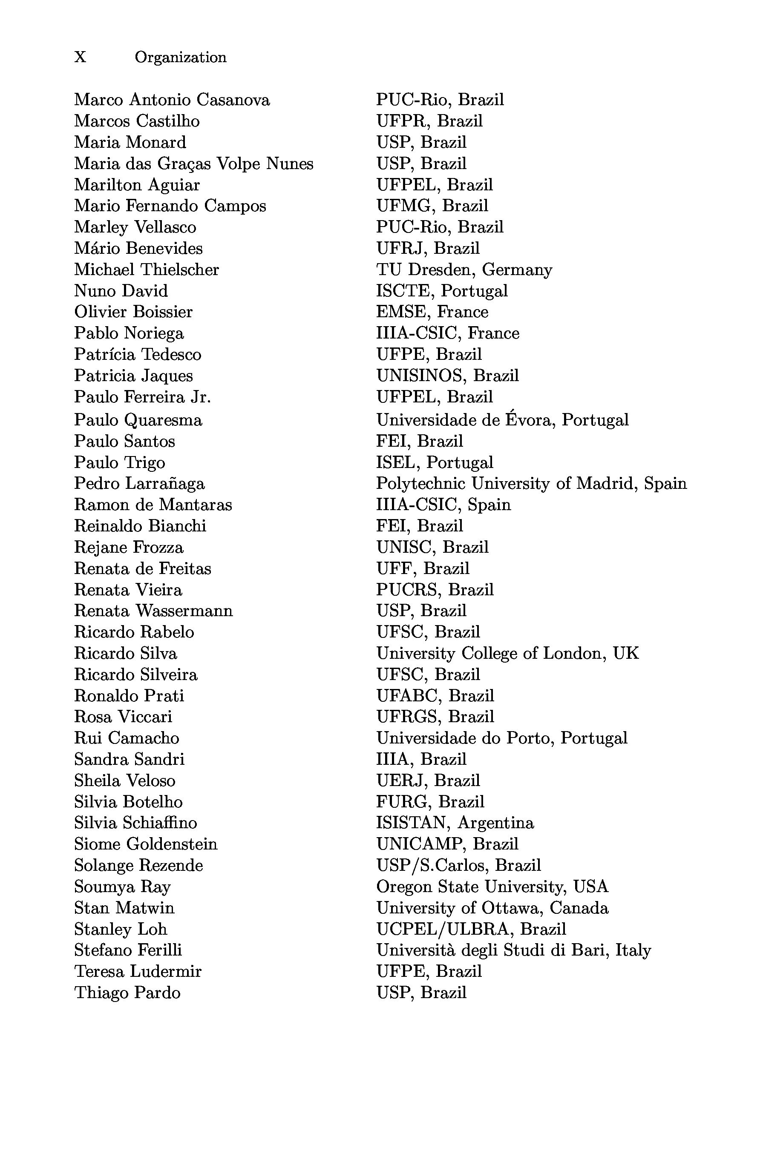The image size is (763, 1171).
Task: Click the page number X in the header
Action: [80, 57]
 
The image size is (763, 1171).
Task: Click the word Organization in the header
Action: [181, 57]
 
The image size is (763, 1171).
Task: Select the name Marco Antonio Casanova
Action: [172, 100]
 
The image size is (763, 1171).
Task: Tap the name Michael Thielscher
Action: [146, 270]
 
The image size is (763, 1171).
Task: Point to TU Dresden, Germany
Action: [464, 270]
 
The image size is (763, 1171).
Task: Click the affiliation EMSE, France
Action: [432, 312]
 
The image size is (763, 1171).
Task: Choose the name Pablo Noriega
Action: [129, 333]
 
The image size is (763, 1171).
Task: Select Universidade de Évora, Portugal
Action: [502, 420]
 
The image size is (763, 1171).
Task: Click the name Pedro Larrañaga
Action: [139, 484]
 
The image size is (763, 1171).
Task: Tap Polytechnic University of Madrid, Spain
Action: [531, 484]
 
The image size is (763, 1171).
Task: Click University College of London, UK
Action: [507, 653]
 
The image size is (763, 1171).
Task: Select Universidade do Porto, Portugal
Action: [501, 738]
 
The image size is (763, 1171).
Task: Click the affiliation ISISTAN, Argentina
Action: [455, 823]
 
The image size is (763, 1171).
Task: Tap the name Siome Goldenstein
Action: [146, 844]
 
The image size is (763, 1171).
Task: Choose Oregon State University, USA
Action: [492, 887]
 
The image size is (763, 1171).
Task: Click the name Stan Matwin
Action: [124, 908]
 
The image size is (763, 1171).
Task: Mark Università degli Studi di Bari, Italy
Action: [513, 950]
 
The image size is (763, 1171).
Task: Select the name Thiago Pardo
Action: [127, 993]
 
